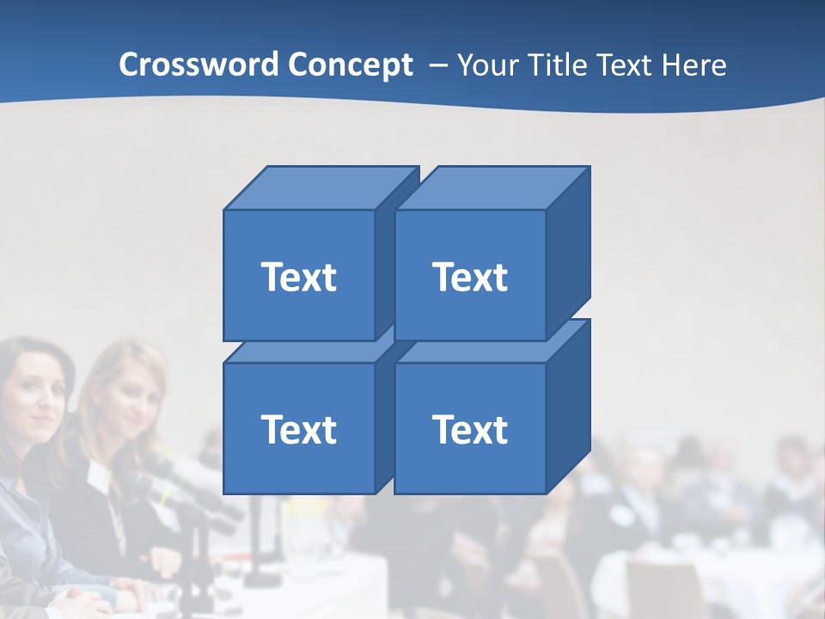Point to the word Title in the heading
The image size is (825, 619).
[559, 64]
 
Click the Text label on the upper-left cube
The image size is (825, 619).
[298, 277]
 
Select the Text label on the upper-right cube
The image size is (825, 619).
[469, 277]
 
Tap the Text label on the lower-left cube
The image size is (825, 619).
[298, 429]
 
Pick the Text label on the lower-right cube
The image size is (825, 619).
[469, 429]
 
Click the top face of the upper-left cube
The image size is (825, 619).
[320, 188]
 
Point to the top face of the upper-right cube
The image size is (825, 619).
[492, 188]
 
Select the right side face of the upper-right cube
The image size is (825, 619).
[568, 254]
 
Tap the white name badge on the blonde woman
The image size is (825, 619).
[99, 478]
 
